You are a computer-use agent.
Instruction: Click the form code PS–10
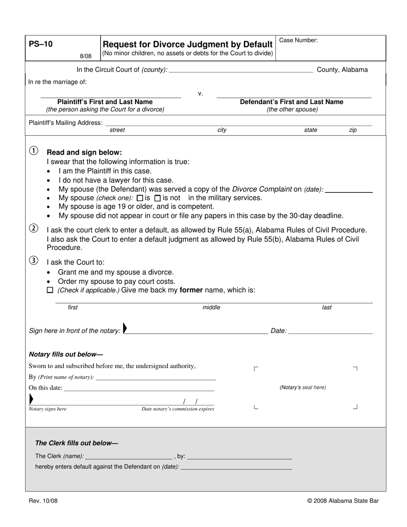point(41,44)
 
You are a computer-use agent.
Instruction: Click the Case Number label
point(298,40)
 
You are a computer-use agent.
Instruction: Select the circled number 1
point(33,151)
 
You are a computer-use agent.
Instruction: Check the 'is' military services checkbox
point(140,198)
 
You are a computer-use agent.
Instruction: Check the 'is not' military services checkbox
point(158,198)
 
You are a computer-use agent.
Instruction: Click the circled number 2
point(33,228)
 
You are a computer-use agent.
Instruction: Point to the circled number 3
point(33,261)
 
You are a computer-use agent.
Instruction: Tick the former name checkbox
point(50,290)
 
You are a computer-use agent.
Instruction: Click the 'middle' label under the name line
point(211,307)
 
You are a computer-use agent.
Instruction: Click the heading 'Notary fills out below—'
point(66,354)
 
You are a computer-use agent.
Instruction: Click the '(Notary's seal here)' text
point(302,387)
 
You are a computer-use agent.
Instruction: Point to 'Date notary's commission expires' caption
point(178,409)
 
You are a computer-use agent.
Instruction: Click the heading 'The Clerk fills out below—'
point(77,443)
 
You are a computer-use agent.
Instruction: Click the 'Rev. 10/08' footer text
point(43,501)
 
